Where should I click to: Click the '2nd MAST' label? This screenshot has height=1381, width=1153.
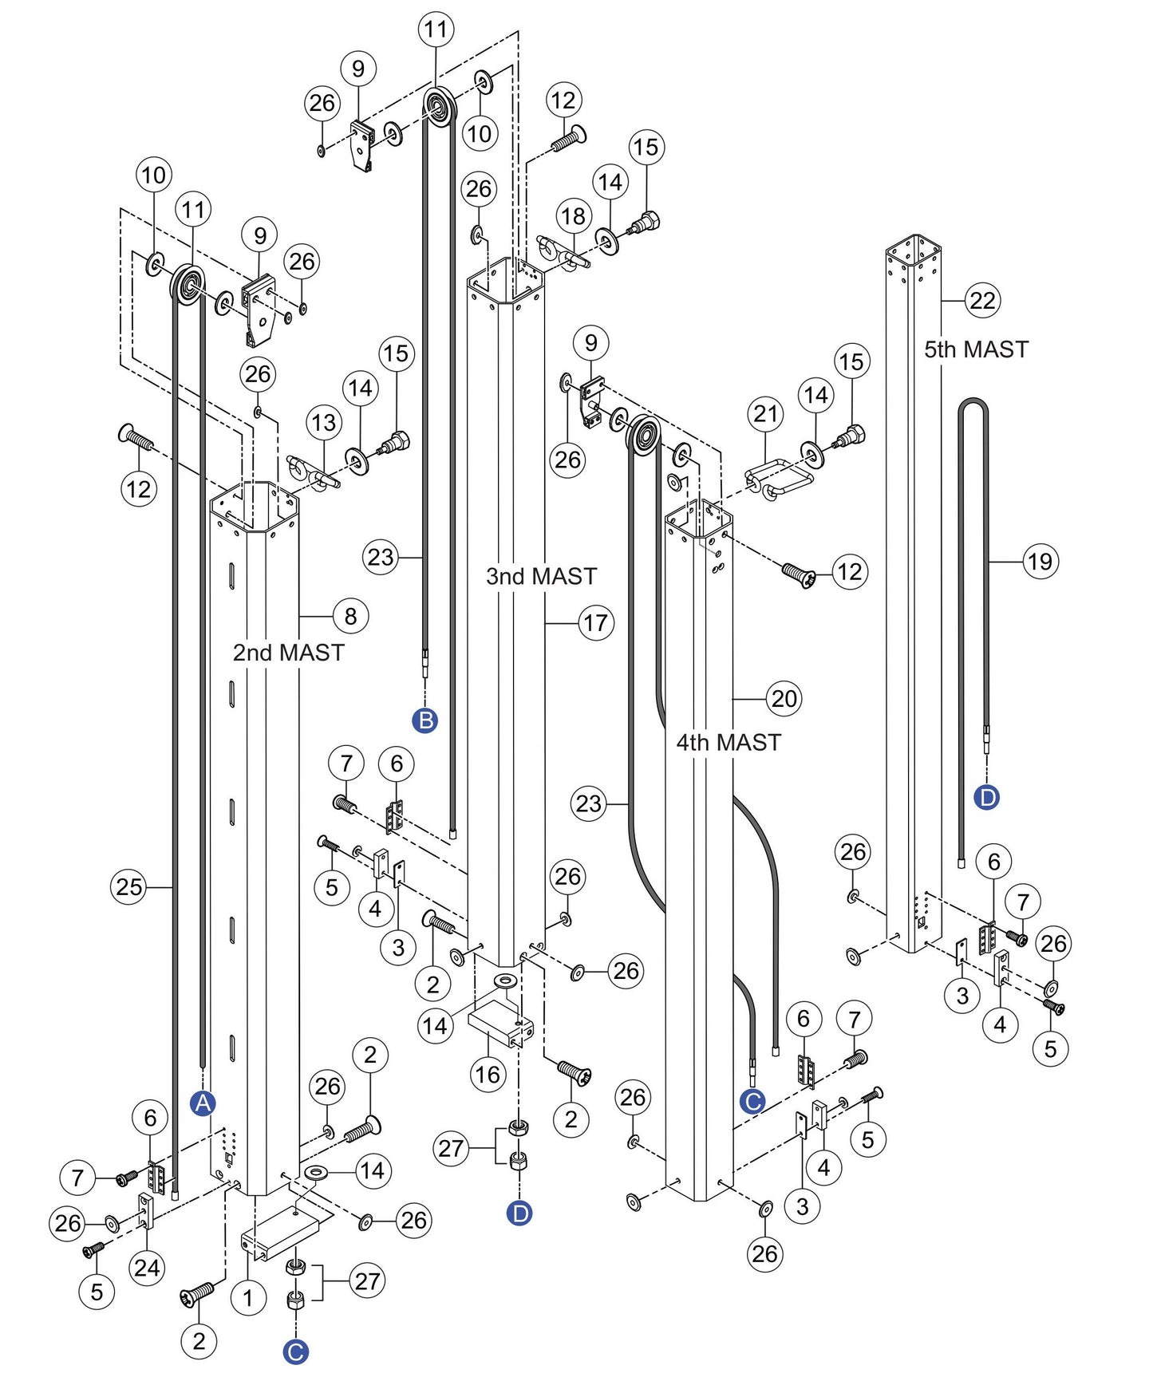click(288, 653)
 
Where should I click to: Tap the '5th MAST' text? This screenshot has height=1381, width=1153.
click(975, 349)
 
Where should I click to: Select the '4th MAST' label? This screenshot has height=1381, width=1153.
click(728, 743)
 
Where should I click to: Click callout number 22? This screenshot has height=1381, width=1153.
click(982, 301)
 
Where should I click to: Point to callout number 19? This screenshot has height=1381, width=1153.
click(1040, 562)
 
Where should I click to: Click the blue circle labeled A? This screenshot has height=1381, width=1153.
click(203, 1103)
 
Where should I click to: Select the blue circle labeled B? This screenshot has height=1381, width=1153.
click(425, 720)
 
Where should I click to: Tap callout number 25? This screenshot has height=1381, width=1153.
click(128, 886)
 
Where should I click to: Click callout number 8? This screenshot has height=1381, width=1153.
click(350, 616)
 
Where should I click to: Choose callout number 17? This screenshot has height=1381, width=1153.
click(596, 623)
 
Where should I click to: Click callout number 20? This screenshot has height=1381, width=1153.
click(784, 699)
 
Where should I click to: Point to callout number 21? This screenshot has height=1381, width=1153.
click(765, 413)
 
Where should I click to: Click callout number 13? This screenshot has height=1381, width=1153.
click(323, 423)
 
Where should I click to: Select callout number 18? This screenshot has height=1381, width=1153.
click(573, 216)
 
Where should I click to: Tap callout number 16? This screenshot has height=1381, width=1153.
click(488, 1075)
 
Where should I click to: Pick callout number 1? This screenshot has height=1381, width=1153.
click(248, 1298)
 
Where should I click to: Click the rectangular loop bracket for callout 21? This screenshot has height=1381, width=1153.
click(780, 476)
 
